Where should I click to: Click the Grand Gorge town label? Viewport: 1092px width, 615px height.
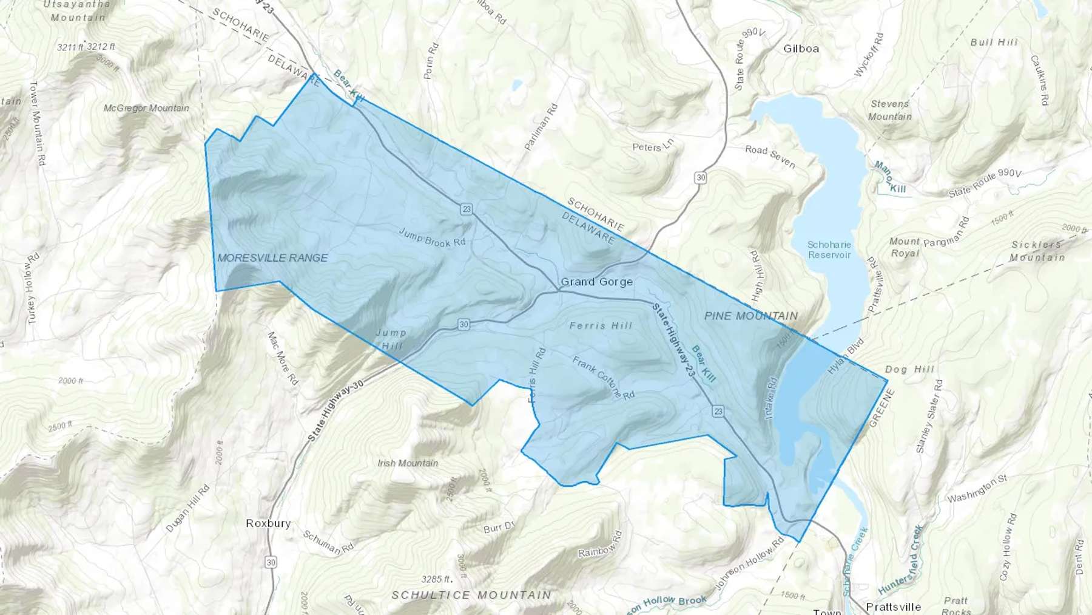pos(596,282)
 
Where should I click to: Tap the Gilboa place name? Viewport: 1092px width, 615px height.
pos(801,49)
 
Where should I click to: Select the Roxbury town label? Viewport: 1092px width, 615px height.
pos(268,523)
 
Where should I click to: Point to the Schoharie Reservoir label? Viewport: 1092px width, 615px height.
pos(829,250)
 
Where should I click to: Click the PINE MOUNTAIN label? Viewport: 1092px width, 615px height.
pos(751,316)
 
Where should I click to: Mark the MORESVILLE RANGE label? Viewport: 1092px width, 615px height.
pos(272,258)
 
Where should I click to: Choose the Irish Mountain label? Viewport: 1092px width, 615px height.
pos(408,463)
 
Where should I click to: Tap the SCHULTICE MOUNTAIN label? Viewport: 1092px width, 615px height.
pos(471,595)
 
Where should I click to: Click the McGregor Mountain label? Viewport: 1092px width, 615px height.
pos(146,108)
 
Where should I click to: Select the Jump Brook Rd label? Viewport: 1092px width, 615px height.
pos(432,237)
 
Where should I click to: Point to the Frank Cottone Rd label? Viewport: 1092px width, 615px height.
pos(603,377)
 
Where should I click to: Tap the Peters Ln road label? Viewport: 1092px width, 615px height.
pos(653,146)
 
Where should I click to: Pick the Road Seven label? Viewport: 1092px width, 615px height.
pos(770,156)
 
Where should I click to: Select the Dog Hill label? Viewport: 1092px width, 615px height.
pos(909,369)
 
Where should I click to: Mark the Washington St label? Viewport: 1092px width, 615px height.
pos(977,489)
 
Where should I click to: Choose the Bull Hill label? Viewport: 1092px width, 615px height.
pos(994,42)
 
